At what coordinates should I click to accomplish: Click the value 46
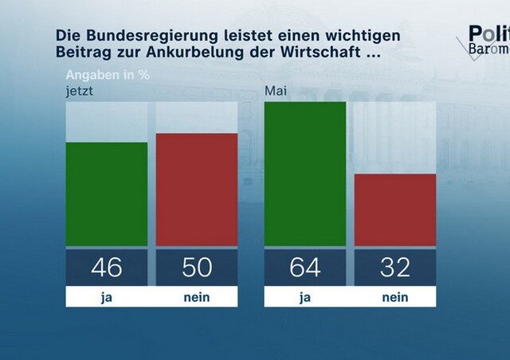coord(106,267)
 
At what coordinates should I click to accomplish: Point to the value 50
coord(196,267)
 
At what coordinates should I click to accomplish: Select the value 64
coord(304,267)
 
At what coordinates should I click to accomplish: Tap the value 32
coord(394,267)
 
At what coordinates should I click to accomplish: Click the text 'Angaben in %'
coord(102,76)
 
